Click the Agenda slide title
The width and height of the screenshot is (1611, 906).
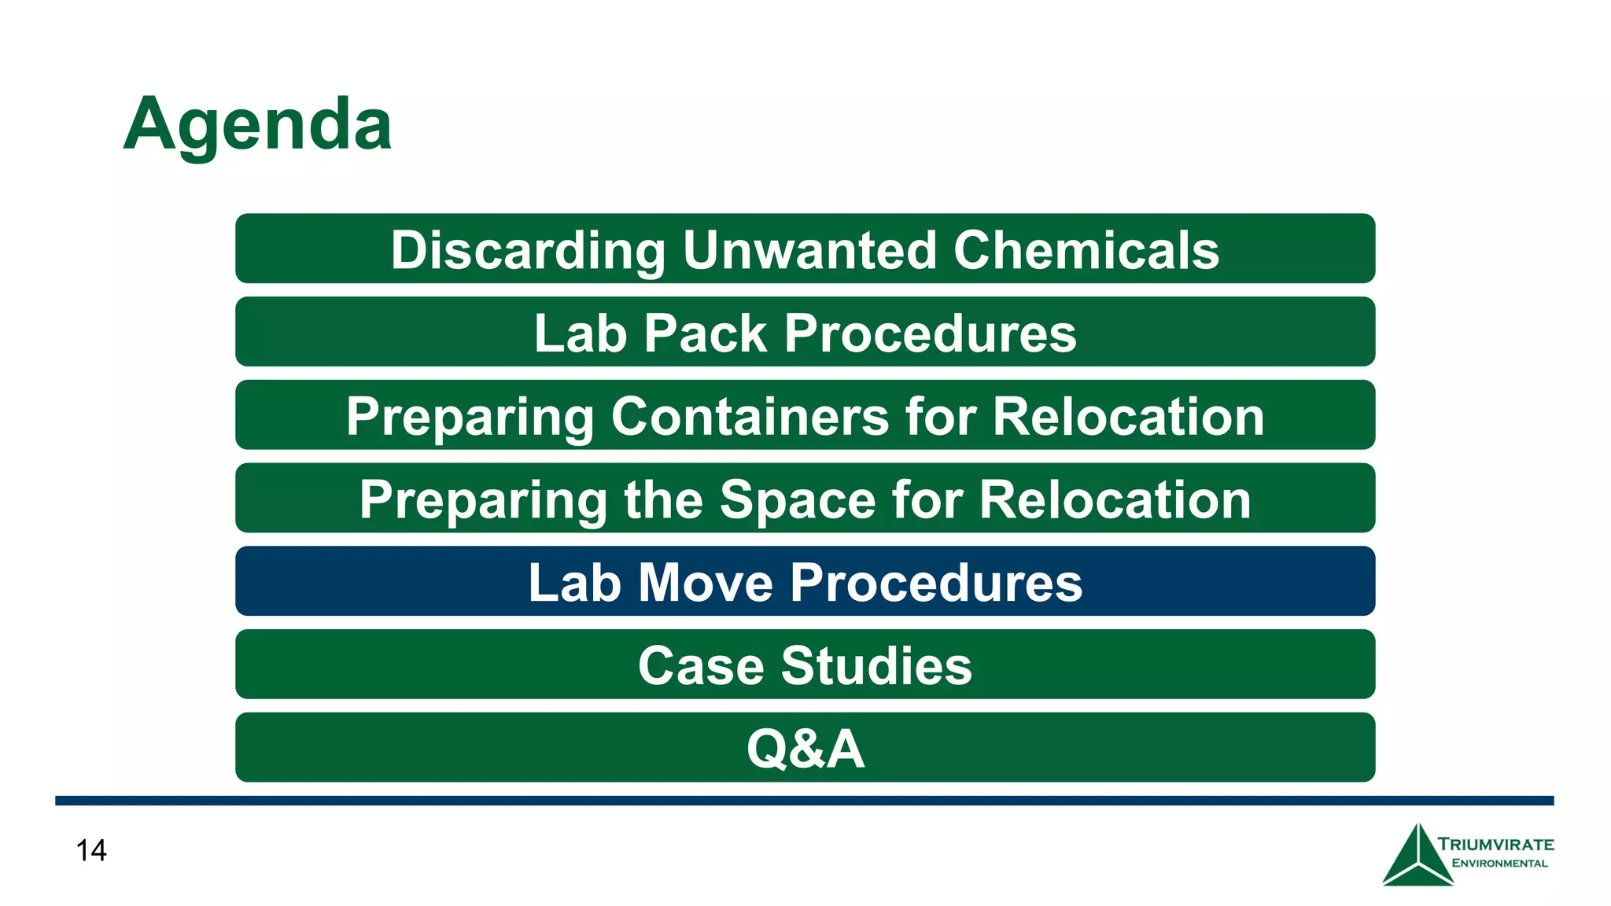pyautogui.click(x=257, y=124)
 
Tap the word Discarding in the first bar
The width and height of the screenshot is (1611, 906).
pyautogui.click(x=528, y=250)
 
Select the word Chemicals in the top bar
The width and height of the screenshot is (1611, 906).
pyautogui.click(x=1086, y=250)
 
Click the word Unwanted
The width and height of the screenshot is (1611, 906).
pyautogui.click(x=809, y=250)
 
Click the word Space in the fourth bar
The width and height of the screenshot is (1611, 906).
pyautogui.click(x=797, y=499)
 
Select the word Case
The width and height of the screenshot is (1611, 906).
pyautogui.click(x=700, y=666)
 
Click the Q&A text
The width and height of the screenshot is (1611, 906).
pyautogui.click(x=805, y=749)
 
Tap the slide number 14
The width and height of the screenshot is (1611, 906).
pyautogui.click(x=91, y=850)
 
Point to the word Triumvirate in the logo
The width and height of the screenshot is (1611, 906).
pyautogui.click(x=1495, y=845)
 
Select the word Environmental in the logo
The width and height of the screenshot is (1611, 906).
pyautogui.click(x=1499, y=864)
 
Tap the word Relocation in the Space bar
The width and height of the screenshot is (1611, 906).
pyautogui.click(x=1115, y=499)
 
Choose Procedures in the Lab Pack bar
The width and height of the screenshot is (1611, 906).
pyautogui.click(x=930, y=333)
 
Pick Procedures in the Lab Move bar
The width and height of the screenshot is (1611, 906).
pyautogui.click(x=936, y=583)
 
